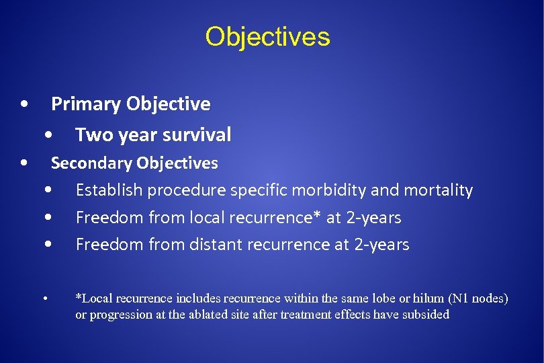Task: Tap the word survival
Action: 198,135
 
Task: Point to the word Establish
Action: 109,190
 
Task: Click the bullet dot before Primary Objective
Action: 24,105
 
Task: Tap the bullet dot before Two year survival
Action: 50,136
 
